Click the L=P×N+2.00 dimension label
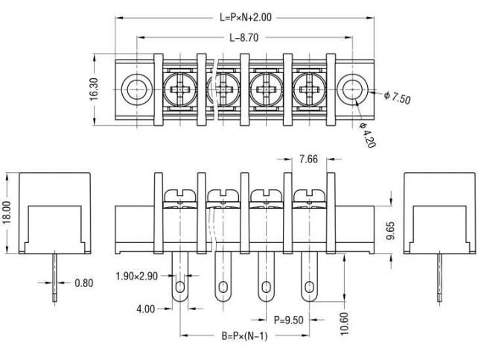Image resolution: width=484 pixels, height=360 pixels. pos(246,17)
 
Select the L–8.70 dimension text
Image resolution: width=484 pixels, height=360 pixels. pos(243,38)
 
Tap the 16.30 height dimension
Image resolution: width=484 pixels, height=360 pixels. pos(94,89)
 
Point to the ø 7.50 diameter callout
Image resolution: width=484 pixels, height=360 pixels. pos(398,98)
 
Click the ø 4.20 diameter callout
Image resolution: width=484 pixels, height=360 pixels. pos(368,135)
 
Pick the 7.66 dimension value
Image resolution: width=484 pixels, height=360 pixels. pos(308,159)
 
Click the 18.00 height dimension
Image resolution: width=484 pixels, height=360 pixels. pos(6,212)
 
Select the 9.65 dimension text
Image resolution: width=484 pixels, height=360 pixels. pos(390,230)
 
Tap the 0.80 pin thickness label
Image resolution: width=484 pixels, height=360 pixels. pos(83,282)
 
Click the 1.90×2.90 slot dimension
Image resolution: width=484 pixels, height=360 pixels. pos(136,276)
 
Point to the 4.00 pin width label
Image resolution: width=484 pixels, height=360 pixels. pos(146,309)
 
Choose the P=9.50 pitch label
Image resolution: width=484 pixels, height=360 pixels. pos(289,320)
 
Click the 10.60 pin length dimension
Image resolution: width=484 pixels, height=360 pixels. pos(344,323)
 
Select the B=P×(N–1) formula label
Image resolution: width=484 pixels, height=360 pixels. pos(244,335)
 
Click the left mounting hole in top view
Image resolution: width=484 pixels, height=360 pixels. pos(136,89)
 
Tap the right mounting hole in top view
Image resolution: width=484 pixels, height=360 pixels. pos(352,89)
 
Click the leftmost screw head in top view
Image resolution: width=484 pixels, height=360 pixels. pos(179,89)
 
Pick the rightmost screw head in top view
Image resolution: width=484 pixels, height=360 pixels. pos(309,89)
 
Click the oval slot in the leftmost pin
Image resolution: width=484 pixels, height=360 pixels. pos(179,288)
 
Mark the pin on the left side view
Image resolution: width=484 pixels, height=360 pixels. pos(54,277)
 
